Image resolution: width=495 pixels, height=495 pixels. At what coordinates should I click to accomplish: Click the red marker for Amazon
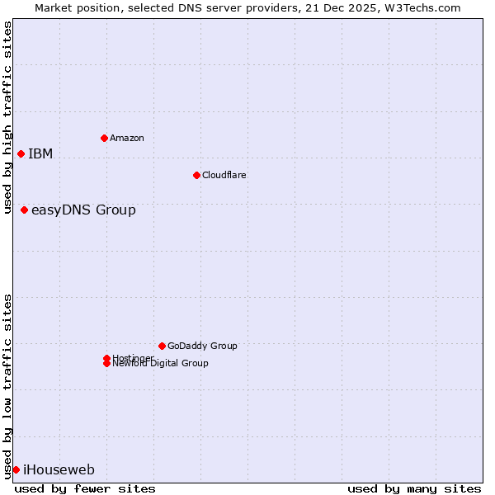[104, 138]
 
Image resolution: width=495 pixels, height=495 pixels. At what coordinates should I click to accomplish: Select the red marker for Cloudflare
[196, 175]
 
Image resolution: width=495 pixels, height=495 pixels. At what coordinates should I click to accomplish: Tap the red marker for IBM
[21, 153]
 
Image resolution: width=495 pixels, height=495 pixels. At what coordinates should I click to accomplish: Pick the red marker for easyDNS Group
[24, 210]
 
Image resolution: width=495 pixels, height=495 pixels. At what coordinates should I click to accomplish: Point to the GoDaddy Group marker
[162, 346]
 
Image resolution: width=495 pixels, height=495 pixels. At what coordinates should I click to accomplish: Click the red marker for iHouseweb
[16, 469]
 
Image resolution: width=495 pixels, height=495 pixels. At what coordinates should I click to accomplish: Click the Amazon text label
[126, 138]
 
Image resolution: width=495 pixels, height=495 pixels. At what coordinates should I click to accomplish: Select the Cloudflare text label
[224, 175]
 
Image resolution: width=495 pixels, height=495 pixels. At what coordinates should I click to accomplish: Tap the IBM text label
[40, 153]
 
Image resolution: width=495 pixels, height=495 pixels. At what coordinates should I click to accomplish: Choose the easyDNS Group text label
[83, 210]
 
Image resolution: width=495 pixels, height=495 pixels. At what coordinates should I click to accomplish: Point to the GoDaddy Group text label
[202, 346]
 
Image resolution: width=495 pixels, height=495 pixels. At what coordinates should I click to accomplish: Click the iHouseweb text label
[59, 470]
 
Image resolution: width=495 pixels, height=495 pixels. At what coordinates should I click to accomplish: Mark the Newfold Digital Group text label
[160, 364]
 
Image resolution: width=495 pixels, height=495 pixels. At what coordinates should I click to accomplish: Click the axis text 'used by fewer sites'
[85, 488]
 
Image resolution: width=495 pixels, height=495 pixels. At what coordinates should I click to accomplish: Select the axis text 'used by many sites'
[414, 488]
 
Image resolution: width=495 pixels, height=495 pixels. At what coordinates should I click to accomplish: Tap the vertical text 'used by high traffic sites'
[7, 117]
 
